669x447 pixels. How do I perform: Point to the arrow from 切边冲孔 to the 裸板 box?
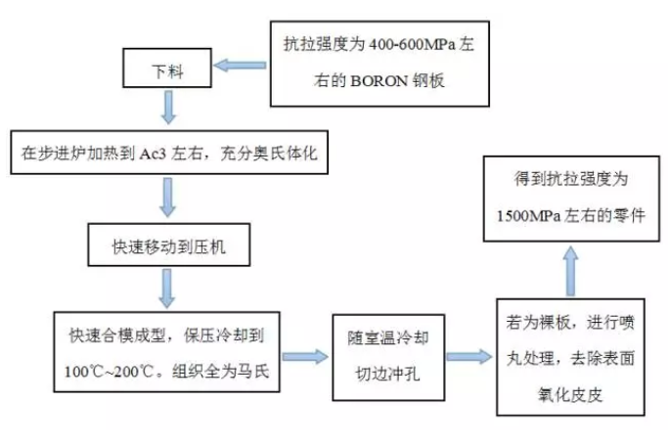point(467,355)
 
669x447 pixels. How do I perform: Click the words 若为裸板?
point(532,323)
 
